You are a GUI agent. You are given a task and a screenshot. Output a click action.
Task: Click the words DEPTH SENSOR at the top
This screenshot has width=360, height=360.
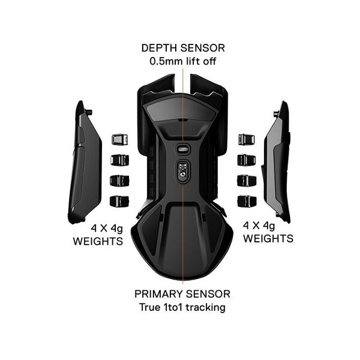182,47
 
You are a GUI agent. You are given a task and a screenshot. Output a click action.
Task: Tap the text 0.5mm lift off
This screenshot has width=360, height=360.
182,61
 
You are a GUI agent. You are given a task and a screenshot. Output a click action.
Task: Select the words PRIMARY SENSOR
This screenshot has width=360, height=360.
182,295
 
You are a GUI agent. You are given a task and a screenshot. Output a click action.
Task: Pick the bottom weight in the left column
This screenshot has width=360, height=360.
118,200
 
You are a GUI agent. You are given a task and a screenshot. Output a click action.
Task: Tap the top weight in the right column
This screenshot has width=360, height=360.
246,140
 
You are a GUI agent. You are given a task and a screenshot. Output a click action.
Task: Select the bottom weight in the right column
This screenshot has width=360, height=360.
246,200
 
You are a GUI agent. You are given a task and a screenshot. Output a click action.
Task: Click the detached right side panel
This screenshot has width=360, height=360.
279,162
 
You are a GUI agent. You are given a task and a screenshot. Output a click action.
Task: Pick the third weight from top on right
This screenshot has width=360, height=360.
246,180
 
